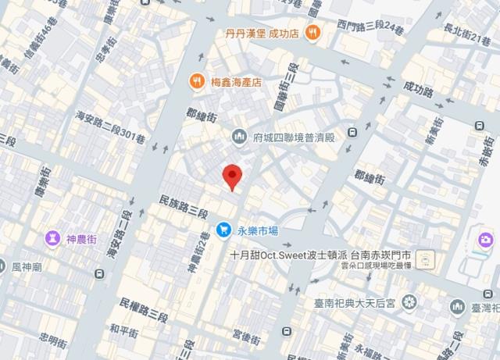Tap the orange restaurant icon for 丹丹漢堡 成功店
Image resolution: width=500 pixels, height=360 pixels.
(x=312, y=33)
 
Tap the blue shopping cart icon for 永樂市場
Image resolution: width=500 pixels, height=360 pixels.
(x=224, y=230)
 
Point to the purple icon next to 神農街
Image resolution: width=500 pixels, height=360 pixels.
(x=53, y=237)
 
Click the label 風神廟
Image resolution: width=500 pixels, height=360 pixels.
(x=28, y=266)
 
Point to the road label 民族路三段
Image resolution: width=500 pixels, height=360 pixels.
(x=183, y=207)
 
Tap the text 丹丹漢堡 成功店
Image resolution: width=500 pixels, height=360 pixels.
(x=262, y=33)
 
